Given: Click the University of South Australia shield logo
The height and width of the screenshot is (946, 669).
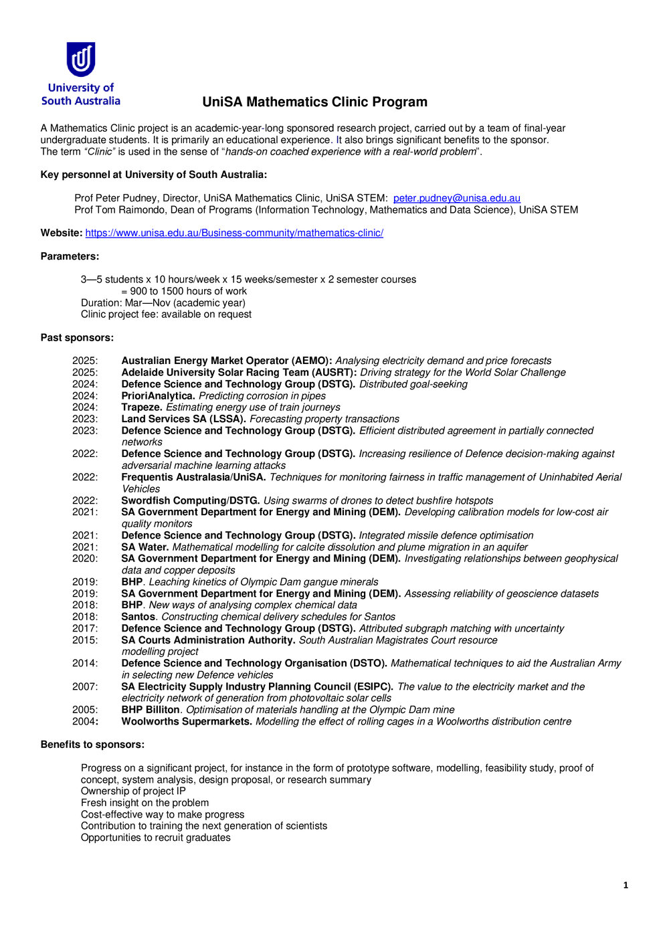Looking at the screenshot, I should click(81, 60).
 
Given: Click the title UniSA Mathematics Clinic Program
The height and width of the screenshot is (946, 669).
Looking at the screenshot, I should click(314, 102).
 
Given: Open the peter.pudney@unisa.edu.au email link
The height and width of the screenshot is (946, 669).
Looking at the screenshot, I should click(456, 198).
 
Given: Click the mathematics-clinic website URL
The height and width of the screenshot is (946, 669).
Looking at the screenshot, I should click(234, 233).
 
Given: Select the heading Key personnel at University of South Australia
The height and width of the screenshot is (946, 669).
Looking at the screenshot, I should click(153, 175).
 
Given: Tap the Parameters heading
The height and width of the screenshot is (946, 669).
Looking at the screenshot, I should click(70, 256).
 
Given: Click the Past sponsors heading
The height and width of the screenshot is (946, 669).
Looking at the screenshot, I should click(77, 338).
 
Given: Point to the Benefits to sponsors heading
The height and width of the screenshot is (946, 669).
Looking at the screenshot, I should click(92, 745).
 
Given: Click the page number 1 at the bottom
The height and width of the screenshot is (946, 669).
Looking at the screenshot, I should click(626, 885).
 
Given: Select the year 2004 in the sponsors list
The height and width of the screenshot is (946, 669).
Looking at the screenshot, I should click(85, 721).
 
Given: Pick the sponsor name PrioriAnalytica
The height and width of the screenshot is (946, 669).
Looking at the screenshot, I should click(158, 396).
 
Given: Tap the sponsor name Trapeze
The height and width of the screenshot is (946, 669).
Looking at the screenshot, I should click(142, 407).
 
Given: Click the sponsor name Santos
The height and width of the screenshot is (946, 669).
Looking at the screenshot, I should click(138, 617).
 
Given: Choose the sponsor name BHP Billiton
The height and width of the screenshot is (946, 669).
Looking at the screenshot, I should click(151, 710).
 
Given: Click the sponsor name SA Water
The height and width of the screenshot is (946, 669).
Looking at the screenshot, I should click(145, 547).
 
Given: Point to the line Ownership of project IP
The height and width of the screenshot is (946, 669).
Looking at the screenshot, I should click(133, 791).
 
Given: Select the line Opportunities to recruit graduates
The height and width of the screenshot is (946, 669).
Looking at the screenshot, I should click(155, 838).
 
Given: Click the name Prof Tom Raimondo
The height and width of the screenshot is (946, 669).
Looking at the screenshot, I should click(114, 210).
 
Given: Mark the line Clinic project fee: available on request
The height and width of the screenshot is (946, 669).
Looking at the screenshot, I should click(166, 314).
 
